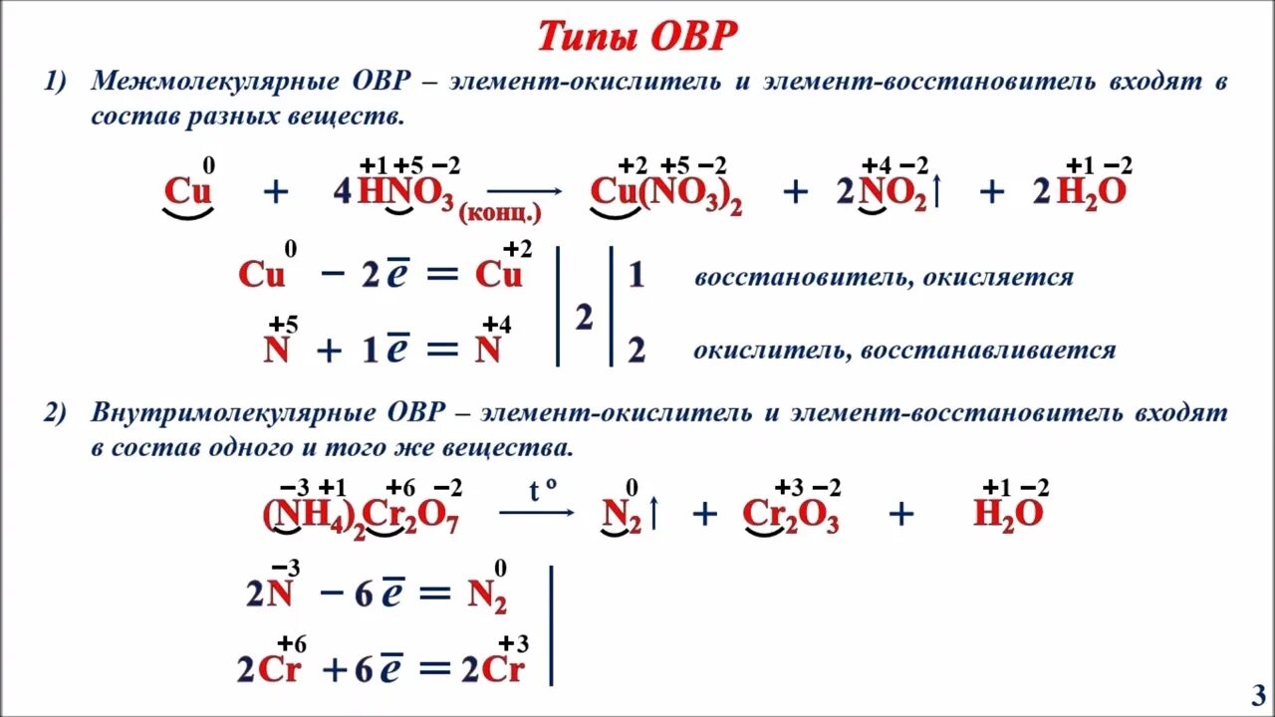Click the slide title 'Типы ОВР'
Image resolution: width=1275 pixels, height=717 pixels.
click(x=637, y=37)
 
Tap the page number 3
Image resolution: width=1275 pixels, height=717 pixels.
click(x=1257, y=693)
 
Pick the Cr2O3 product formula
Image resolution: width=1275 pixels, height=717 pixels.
click(x=791, y=515)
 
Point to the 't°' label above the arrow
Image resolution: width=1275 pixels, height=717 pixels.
click(x=542, y=489)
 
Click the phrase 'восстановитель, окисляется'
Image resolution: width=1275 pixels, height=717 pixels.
click(x=884, y=277)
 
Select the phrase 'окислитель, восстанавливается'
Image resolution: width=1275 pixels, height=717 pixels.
click(x=904, y=351)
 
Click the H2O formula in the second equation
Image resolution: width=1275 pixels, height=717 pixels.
click(x=1008, y=514)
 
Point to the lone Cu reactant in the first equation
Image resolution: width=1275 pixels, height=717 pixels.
click(x=188, y=191)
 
